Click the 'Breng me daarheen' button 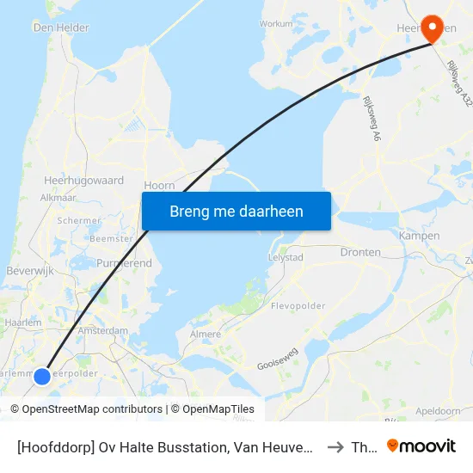pos(236,211)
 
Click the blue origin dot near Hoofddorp pos(41,376)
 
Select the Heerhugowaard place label pos(83,181)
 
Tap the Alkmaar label pos(58,197)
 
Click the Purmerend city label pos(125,262)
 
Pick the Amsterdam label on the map pos(102,330)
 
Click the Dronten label pos(360,253)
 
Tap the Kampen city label pos(420,236)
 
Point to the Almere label pos(205,335)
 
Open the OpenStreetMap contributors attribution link pos(91,409)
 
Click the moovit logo pos(421,446)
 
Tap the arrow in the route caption pos(335,447)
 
